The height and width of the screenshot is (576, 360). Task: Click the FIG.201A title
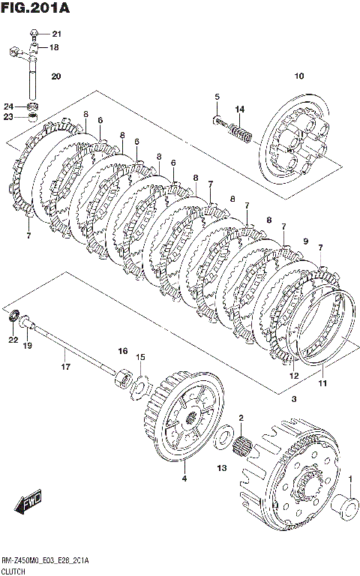point(35,7)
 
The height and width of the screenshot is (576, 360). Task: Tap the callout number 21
point(56,34)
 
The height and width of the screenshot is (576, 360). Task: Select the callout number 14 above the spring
point(239,109)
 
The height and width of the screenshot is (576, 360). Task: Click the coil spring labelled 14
point(241,133)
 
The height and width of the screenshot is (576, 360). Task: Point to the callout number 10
point(299,76)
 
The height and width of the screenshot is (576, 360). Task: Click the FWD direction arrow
point(28,501)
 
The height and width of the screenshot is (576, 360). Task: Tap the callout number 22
point(13,340)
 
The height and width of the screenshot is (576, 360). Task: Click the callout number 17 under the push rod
point(65,366)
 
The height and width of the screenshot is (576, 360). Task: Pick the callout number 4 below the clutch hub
point(184,478)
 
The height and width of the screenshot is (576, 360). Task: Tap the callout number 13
point(222,468)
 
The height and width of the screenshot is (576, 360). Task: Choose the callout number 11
point(322,383)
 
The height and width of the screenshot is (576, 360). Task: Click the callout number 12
point(294,376)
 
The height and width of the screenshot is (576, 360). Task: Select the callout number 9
point(306,241)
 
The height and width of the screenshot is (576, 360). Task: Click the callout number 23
point(8,117)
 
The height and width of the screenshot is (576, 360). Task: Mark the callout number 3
point(294,398)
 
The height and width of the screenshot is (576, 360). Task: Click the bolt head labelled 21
point(34,34)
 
